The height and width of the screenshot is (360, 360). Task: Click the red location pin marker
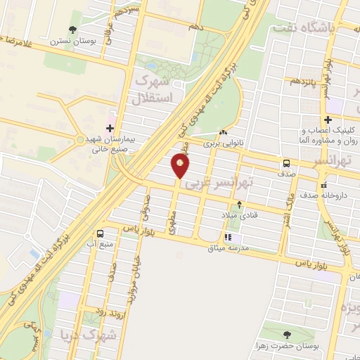[181, 166]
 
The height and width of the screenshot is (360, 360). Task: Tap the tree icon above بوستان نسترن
[72, 30]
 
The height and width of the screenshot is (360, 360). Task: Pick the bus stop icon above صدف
[286, 162]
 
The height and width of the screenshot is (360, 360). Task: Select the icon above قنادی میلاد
[240, 205]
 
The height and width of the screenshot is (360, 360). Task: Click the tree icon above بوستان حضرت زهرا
[285, 335]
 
